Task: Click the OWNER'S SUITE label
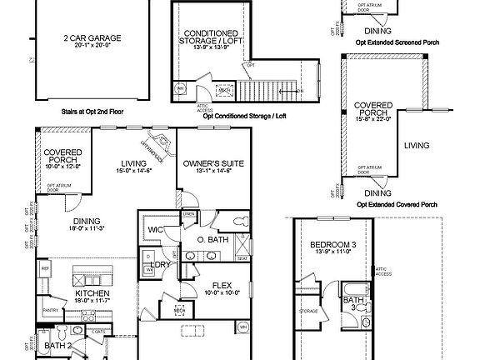213,164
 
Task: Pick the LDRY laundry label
160,264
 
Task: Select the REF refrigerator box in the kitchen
45,268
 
